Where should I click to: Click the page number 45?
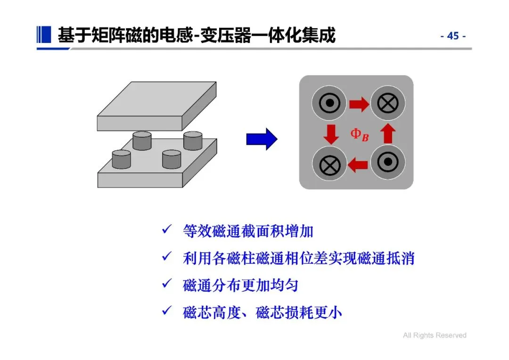[453, 36]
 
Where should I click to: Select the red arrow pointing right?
[359, 105]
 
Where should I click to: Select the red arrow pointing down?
[331, 134]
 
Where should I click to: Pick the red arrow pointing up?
[388, 134]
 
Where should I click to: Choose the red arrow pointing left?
[358, 164]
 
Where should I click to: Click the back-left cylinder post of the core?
[141, 140]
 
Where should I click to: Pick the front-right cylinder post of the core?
[172, 159]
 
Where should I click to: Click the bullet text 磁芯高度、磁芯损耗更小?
[262, 312]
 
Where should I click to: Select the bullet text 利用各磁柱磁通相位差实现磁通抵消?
[299, 258]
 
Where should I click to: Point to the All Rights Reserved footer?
[435, 335]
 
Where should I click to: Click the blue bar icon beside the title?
[44, 35]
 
